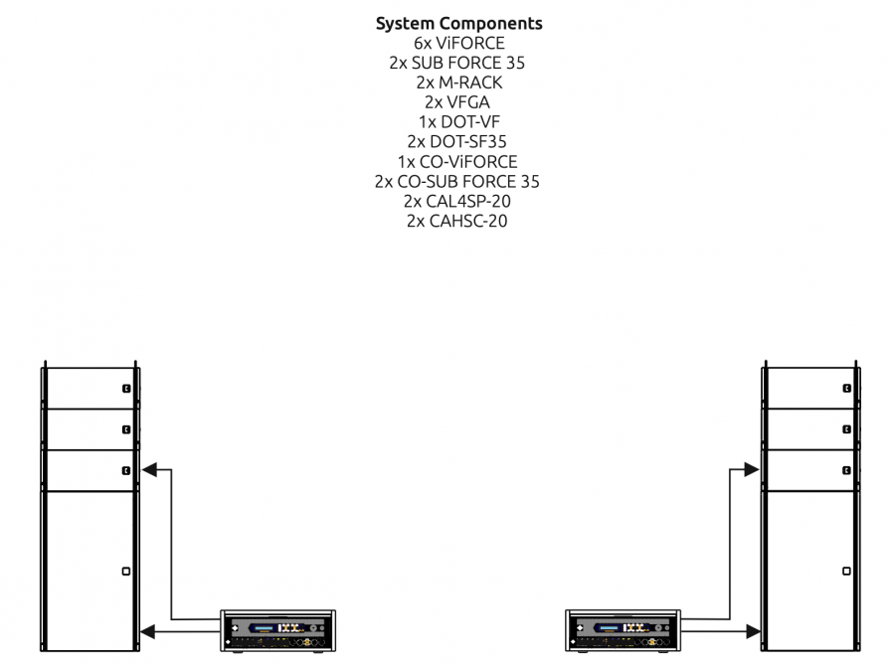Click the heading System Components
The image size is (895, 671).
pyautogui.click(x=458, y=24)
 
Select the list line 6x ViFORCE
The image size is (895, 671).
pyautogui.click(x=458, y=44)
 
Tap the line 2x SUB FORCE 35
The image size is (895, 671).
pyautogui.click(x=458, y=63)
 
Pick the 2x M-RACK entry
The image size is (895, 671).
pyautogui.click(x=458, y=83)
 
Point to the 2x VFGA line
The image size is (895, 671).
pyautogui.click(x=458, y=102)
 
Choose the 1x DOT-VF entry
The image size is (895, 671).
pyautogui.click(x=458, y=122)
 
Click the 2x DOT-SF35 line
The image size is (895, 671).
pyautogui.click(x=458, y=142)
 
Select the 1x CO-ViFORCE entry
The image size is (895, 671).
pyautogui.click(x=458, y=162)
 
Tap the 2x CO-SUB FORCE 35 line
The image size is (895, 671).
pyautogui.click(x=458, y=181)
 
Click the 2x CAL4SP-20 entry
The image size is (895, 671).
pyautogui.click(x=458, y=201)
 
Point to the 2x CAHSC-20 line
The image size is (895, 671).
pyautogui.click(x=458, y=221)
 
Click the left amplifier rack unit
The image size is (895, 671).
pyautogui.click(x=277, y=631)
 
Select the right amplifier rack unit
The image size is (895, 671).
pyautogui.click(x=624, y=631)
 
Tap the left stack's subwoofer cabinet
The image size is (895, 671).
pyautogui.click(x=89, y=572)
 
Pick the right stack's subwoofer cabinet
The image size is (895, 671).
pyautogui.click(x=810, y=572)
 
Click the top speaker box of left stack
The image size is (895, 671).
pyautogui.click(x=89, y=388)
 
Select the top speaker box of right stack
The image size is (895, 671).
pyautogui.click(x=810, y=388)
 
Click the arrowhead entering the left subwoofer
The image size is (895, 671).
pyautogui.click(x=148, y=630)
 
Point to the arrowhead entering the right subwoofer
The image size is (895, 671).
pyautogui.click(x=754, y=630)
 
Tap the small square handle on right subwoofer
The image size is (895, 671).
pyautogui.click(x=845, y=571)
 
